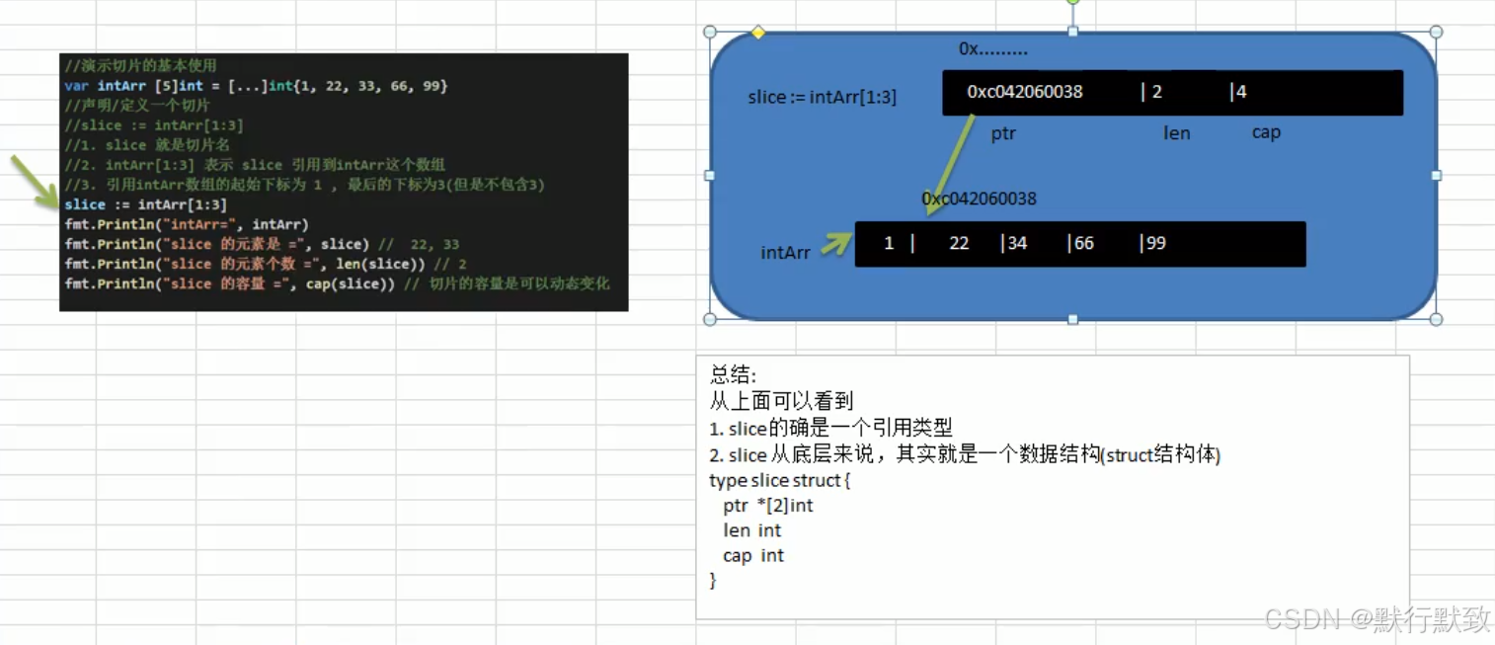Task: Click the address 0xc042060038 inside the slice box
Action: click(x=1025, y=92)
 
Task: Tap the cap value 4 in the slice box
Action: click(x=1239, y=92)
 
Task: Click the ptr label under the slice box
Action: click(x=1003, y=133)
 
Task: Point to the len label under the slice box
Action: click(x=1176, y=133)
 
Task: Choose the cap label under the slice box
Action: click(x=1266, y=132)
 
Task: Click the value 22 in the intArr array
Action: click(x=959, y=243)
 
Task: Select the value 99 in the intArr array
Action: click(x=1153, y=243)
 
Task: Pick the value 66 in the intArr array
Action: click(x=1082, y=243)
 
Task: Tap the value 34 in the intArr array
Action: click(x=1015, y=243)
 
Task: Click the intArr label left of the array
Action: click(x=785, y=253)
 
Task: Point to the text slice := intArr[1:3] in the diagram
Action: click(x=822, y=97)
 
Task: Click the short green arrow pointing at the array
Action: click(x=835, y=243)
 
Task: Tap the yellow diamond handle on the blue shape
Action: click(x=758, y=33)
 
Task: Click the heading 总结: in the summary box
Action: click(x=733, y=375)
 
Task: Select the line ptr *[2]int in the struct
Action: click(x=767, y=506)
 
